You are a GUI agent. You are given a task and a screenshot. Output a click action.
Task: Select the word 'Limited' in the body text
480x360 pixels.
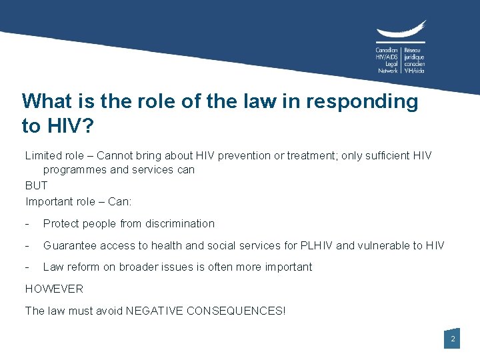(x=44, y=155)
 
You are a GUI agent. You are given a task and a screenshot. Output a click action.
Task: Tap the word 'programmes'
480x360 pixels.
(x=74, y=169)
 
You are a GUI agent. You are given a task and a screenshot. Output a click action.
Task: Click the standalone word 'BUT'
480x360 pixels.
(x=37, y=185)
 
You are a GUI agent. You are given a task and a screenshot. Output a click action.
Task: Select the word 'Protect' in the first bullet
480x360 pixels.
(x=61, y=223)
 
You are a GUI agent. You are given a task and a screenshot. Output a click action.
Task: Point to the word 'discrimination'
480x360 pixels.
(x=179, y=223)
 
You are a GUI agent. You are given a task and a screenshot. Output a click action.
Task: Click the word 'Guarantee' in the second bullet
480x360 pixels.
(x=68, y=245)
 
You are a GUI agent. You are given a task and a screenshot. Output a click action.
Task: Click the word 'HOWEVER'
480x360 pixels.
(x=54, y=289)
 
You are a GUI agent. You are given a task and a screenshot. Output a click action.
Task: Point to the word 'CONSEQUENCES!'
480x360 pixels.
(x=233, y=311)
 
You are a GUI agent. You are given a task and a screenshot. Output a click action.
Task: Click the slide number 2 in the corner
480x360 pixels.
(x=453, y=339)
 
